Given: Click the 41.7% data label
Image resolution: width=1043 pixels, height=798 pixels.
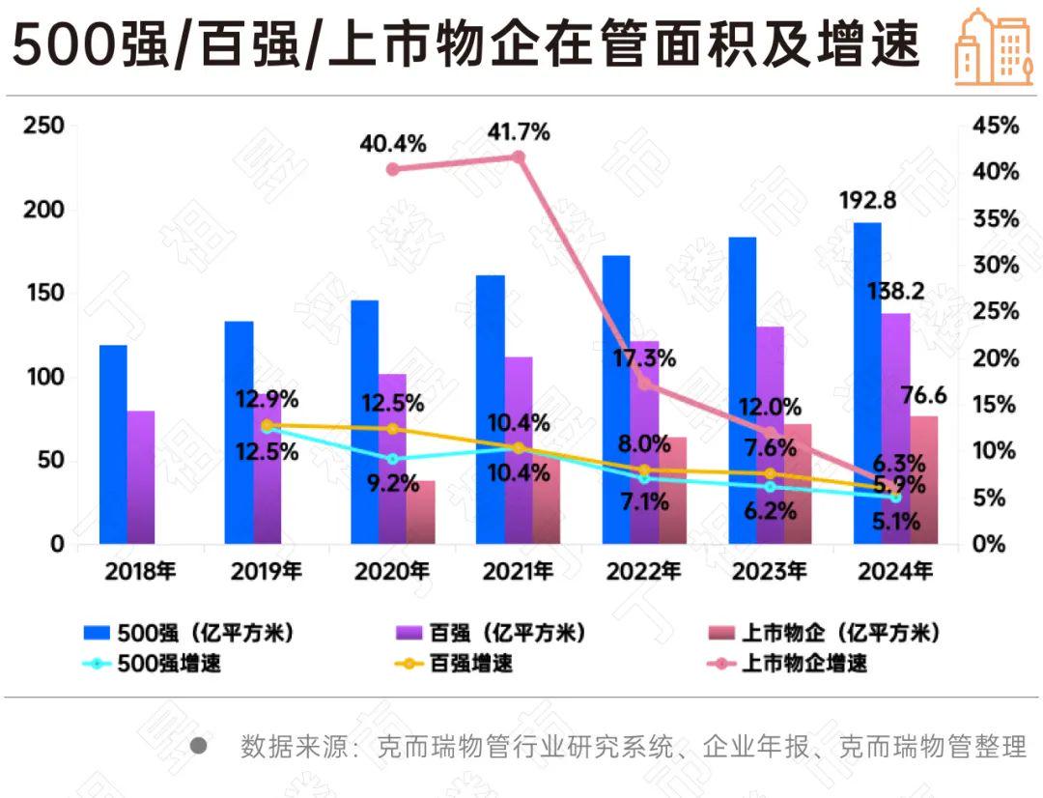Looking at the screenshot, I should [518, 131].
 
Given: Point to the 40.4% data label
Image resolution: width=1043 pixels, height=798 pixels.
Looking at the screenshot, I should [392, 144].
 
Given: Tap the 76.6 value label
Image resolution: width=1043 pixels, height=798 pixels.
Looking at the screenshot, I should [923, 396].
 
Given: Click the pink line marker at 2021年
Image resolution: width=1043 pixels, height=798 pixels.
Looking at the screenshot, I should [518, 157].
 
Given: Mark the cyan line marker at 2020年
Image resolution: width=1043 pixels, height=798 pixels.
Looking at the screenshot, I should [392, 459].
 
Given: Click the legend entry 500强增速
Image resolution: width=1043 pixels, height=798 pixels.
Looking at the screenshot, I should [155, 664].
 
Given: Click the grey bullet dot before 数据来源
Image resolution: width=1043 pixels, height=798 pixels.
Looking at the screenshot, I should [199, 746].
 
